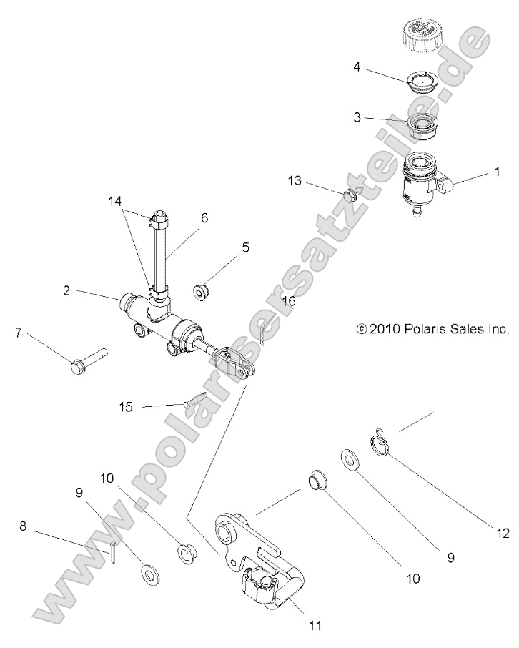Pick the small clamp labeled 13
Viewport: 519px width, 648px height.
(x=352, y=193)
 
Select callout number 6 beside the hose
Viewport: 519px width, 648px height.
(x=204, y=217)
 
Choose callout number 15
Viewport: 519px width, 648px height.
(x=126, y=407)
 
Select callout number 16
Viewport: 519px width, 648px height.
(x=288, y=302)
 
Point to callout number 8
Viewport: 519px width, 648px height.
(x=24, y=526)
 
